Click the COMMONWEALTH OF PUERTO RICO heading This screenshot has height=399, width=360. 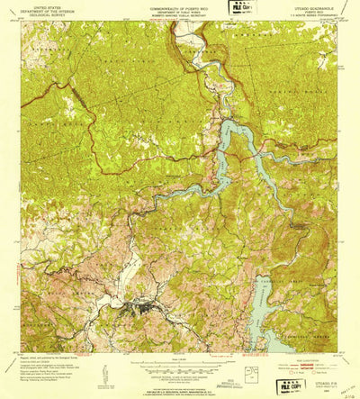[180, 5]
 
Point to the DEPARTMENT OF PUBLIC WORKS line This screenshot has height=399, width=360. [180, 9]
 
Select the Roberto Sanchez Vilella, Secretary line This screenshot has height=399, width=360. [180, 14]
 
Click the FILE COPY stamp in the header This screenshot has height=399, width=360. [242, 7]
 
